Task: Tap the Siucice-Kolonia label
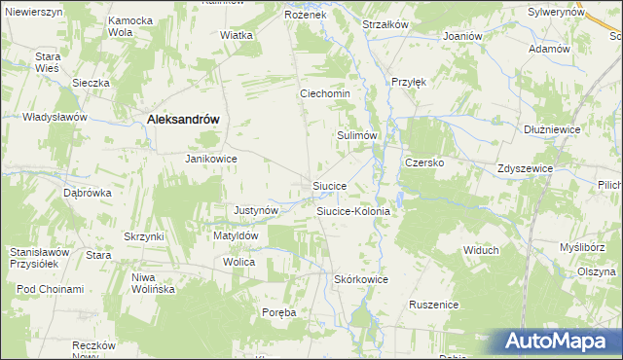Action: (x=353, y=210)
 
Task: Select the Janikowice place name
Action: (x=212, y=158)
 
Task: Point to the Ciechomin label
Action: (x=331, y=94)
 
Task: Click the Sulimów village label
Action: (x=356, y=136)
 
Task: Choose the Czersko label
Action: (x=424, y=162)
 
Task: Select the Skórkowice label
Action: (x=361, y=279)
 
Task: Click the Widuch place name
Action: (x=481, y=250)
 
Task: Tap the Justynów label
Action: (x=257, y=210)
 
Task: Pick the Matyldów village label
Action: (x=235, y=235)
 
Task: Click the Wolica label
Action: (x=238, y=263)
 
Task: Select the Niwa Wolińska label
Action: (x=152, y=283)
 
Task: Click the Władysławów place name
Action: (x=55, y=117)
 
